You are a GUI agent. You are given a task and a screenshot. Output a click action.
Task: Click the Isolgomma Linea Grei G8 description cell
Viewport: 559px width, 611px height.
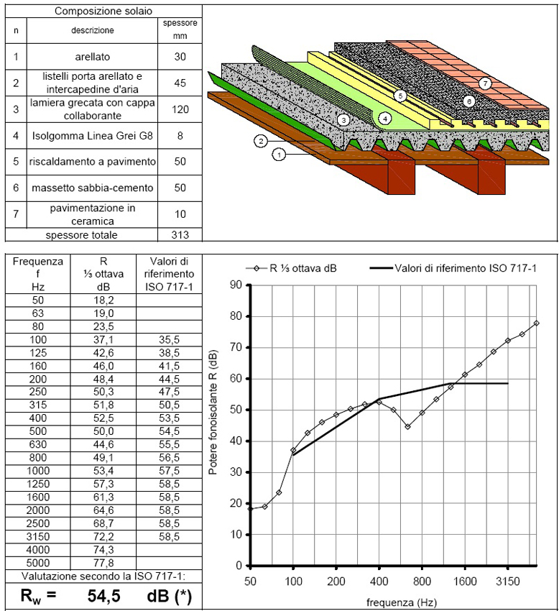[x=92, y=136]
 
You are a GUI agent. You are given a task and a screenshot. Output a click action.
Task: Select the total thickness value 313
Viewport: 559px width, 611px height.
[x=180, y=235]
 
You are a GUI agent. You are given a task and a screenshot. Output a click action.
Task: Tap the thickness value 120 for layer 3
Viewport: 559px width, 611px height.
[x=180, y=109]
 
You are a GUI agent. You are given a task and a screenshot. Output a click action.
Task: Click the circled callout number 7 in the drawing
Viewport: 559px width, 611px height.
[x=486, y=83]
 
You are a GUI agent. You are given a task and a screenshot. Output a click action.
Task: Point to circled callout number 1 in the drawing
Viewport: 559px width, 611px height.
[x=279, y=155]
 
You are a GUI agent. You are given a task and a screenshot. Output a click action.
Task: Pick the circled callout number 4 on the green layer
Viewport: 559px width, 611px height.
[x=385, y=118]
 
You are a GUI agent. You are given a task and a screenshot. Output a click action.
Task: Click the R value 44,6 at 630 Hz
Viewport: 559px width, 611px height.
[x=103, y=445]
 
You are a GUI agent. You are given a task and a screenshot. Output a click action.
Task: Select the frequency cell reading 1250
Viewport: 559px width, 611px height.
[x=38, y=484]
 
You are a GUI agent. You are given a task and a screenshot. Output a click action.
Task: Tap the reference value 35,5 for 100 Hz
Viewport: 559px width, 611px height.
[x=169, y=340]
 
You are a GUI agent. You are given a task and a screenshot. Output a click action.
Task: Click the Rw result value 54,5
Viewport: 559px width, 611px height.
[x=104, y=596]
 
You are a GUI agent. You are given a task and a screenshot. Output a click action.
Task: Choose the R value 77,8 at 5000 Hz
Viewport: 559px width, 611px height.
[x=103, y=563]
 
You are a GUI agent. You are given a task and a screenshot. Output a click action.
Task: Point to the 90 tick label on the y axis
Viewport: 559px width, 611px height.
[x=236, y=285]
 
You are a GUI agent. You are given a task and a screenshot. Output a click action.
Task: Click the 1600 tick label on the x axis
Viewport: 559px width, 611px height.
[x=465, y=582]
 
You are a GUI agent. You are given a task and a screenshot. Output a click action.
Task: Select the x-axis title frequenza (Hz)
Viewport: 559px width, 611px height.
[x=401, y=602]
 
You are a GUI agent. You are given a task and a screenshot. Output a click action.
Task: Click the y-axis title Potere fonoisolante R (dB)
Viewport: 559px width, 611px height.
[x=213, y=413]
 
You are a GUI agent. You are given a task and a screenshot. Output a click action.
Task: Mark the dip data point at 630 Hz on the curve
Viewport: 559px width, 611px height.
[x=407, y=427]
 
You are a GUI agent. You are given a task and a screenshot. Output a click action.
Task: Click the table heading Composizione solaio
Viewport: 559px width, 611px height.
[x=103, y=11]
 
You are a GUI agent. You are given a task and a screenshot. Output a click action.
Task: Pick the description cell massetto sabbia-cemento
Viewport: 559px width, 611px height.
[x=92, y=188]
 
